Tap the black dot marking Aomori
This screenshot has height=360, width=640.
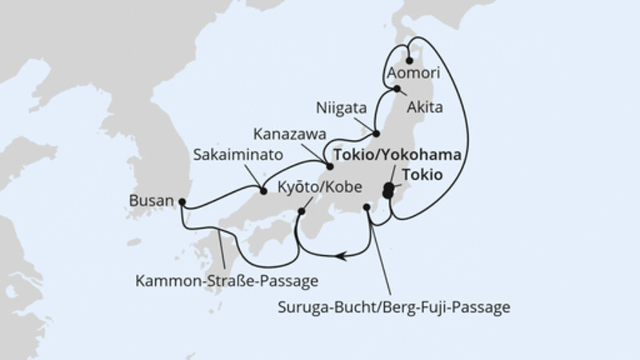[410, 59]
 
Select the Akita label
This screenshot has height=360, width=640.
[426, 104]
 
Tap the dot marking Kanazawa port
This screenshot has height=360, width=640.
[329, 166]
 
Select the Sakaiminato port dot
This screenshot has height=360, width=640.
[263, 190]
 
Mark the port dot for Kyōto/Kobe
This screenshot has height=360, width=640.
[302, 211]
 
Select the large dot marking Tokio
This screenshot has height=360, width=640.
[390, 190]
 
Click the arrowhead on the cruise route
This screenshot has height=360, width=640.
[342, 256]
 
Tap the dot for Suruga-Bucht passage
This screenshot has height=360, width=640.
[366, 208]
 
